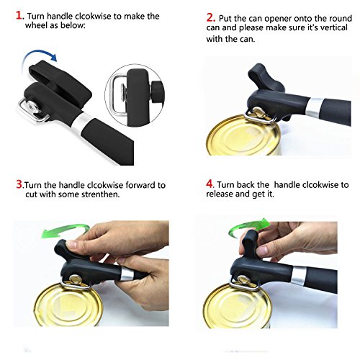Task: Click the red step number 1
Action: pyautogui.click(x=19, y=15)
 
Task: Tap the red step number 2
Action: pyautogui.click(x=210, y=17)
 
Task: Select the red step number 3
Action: pyautogui.click(x=19, y=184)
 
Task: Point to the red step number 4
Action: pyautogui.click(x=210, y=184)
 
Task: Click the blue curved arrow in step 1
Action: pyautogui.click(x=38, y=51)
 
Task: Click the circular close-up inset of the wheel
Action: pyautogui.click(x=135, y=95)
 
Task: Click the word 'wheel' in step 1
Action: pyautogui.click(x=36, y=25)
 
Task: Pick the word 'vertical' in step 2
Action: pyautogui.click(x=334, y=27)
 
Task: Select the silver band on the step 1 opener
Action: pyautogui.click(x=82, y=122)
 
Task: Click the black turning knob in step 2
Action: pyautogui.click(x=264, y=78)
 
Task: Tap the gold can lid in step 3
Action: pyautogui.click(x=68, y=305)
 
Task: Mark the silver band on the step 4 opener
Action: pyautogui.click(x=298, y=275)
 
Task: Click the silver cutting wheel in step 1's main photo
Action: pyautogui.click(x=32, y=106)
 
